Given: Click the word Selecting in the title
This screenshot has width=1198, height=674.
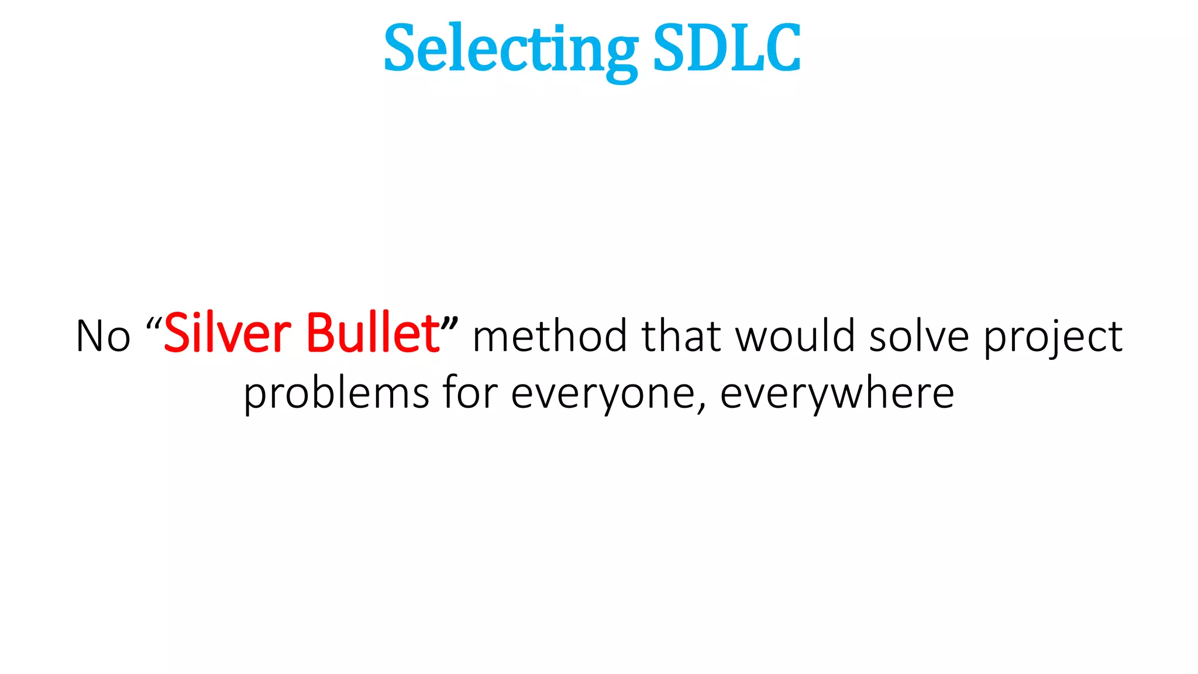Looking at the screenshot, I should (x=510, y=49).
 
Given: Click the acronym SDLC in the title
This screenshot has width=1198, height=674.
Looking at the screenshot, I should (x=726, y=49).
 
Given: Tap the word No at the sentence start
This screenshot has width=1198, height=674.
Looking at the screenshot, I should (x=103, y=337).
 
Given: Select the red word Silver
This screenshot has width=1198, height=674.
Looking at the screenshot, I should (x=227, y=334).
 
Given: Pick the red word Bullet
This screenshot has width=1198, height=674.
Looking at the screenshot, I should (x=373, y=334).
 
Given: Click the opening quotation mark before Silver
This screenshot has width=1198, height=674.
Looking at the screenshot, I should (x=154, y=324).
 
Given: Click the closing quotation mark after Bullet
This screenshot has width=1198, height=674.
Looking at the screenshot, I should (x=450, y=324).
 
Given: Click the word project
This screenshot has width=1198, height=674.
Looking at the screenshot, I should (x=1053, y=339).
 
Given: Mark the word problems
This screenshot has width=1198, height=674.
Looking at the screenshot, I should (x=336, y=394).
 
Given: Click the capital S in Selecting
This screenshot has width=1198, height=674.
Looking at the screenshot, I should (x=401, y=49).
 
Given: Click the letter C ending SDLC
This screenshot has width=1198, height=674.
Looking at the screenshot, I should (x=781, y=49).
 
